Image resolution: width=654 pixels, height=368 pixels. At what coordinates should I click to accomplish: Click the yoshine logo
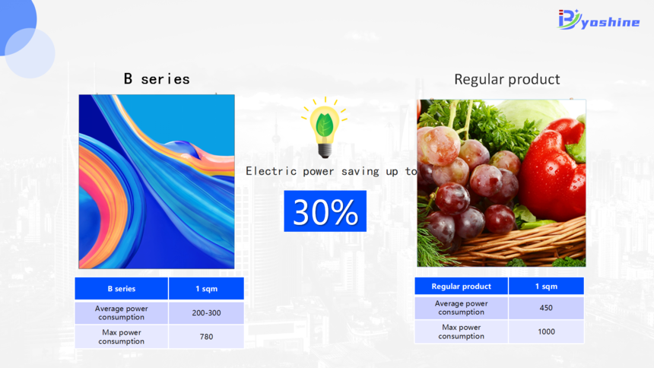pyautogui.click(x=598, y=20)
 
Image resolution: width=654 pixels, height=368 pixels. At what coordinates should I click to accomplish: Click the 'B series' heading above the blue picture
pyautogui.click(x=157, y=79)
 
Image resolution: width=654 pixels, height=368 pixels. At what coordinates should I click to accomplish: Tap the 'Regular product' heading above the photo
pyautogui.click(x=506, y=79)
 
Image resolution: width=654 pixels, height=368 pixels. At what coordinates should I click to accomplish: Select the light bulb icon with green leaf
pyautogui.click(x=325, y=128)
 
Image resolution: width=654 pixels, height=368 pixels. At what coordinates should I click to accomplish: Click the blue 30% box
pyautogui.click(x=325, y=211)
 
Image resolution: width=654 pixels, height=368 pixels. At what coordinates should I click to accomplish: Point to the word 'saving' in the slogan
pyautogui.click(x=360, y=172)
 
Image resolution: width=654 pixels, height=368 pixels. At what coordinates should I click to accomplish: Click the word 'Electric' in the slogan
pyautogui.click(x=271, y=171)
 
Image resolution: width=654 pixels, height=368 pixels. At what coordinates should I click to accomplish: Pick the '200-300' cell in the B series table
pyautogui.click(x=206, y=313)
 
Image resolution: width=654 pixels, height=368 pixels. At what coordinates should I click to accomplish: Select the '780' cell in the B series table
pyautogui.click(x=206, y=337)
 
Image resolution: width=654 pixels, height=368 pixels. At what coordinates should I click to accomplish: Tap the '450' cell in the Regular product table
pyautogui.click(x=546, y=308)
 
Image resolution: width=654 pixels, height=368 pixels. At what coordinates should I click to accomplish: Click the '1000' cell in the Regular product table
pyautogui.click(x=546, y=332)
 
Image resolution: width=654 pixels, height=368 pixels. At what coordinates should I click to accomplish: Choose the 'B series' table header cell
pyautogui.click(x=122, y=289)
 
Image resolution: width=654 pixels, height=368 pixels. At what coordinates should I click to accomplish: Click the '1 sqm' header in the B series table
pyautogui.click(x=206, y=289)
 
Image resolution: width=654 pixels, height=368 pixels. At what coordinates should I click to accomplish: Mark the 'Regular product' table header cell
pyautogui.click(x=462, y=286)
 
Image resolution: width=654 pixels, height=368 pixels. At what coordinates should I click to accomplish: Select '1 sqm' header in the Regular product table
pyautogui.click(x=546, y=286)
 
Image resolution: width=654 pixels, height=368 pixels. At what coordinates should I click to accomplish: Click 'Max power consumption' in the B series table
pyautogui.click(x=122, y=337)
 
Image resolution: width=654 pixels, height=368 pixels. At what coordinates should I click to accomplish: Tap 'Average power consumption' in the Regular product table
pyautogui.click(x=462, y=308)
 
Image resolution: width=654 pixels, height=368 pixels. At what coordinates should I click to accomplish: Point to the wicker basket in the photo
pyautogui.click(x=522, y=244)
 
